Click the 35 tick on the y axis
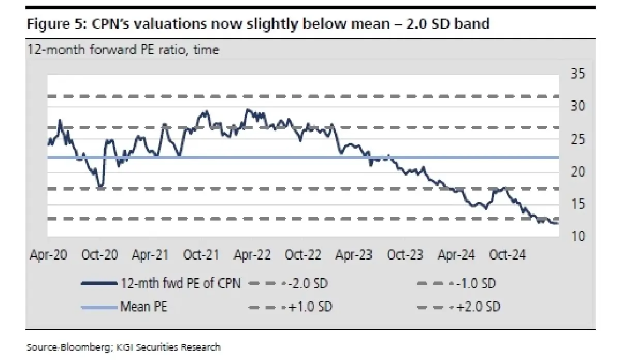[578, 74]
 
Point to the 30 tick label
[578, 106]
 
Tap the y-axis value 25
[578, 139]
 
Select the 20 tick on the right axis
[578, 171]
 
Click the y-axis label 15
[578, 204]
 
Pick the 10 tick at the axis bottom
[578, 237]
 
